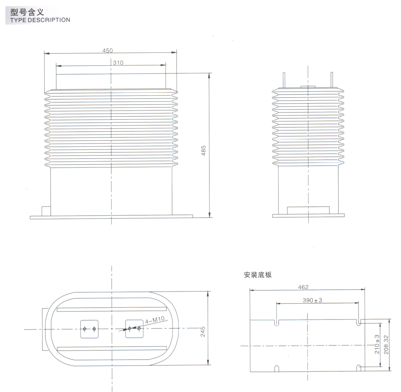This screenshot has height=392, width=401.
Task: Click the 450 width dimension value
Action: [x=107, y=50]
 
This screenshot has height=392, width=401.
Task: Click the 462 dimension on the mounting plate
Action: [x=303, y=287]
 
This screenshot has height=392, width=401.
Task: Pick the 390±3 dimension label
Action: [x=312, y=300]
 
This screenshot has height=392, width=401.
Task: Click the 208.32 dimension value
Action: [x=386, y=344]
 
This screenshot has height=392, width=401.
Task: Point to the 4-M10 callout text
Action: [x=155, y=321]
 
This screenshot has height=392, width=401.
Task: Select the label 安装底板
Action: [x=258, y=274]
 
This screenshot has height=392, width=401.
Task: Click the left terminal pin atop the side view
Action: [x=284, y=80]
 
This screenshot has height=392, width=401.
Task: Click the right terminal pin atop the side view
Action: [x=332, y=80]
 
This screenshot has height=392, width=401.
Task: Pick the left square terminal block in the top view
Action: [x=89, y=328]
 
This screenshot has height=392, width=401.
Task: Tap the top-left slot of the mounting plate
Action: [x=276, y=323]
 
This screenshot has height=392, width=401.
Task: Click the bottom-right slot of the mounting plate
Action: [x=358, y=368]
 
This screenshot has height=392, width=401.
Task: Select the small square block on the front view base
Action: [x=46, y=211]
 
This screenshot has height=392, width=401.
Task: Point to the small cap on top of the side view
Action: [x=308, y=86]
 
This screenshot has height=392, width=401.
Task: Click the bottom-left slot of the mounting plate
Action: [x=276, y=368]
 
